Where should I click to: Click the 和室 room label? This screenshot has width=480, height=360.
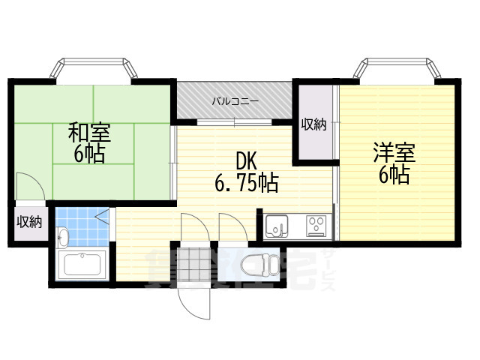coord(89,133)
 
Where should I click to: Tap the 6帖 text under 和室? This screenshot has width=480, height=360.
coord(89,154)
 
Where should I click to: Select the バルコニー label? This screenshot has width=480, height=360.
coord(235,100)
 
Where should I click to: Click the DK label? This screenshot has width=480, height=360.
coord(247,160)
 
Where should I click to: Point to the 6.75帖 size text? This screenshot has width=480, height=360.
coord(247,183)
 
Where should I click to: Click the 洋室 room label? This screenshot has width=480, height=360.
coord(394,153)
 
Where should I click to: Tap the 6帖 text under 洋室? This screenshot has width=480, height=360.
coord(394,175)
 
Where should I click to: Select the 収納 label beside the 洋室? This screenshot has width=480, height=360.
coord(314,124)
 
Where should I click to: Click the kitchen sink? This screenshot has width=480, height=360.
coord(277,224)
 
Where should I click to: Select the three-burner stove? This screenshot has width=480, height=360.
coord(315,224)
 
